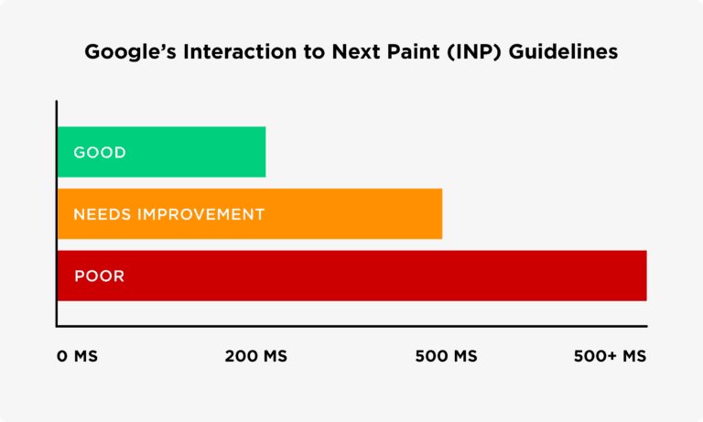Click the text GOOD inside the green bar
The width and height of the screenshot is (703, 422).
(x=100, y=152)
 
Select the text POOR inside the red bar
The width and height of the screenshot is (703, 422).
(x=99, y=276)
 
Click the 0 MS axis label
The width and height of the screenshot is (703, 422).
(x=77, y=356)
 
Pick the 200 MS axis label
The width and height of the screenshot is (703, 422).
(x=256, y=356)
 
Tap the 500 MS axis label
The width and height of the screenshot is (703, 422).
(x=446, y=356)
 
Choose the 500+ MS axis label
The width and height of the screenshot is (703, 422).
(x=610, y=356)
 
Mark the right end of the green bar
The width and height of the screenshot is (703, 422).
(x=264, y=152)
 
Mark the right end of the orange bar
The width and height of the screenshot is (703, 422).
(x=440, y=214)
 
